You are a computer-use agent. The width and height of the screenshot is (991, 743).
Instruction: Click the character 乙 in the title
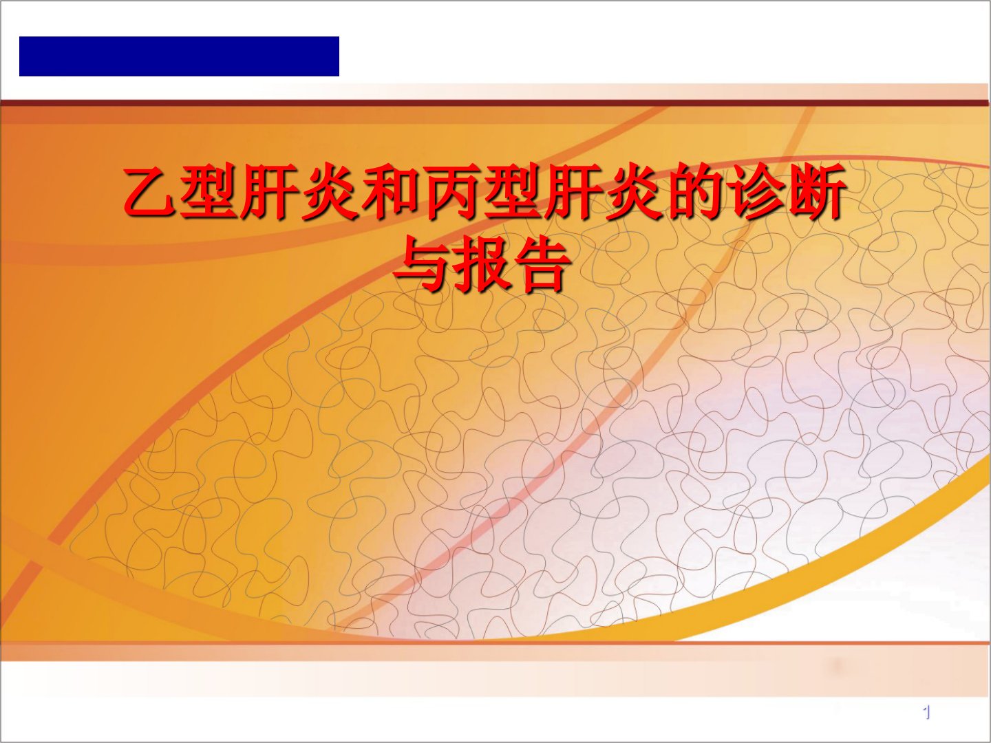(x=151, y=193)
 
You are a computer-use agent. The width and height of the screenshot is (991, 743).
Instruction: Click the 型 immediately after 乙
(x=212, y=193)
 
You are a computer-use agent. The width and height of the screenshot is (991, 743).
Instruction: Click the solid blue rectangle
(x=179, y=56)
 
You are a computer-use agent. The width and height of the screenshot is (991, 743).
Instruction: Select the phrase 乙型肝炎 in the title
(x=242, y=193)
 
